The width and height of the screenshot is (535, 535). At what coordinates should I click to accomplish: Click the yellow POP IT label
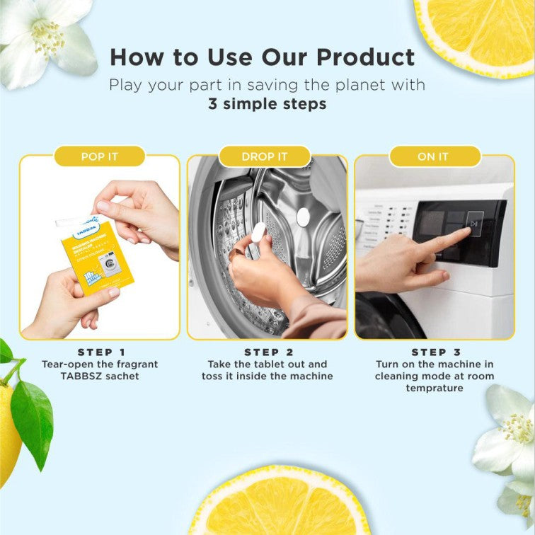pyautogui.click(x=99, y=156)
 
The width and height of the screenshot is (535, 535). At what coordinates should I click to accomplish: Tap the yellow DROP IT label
pyautogui.click(x=265, y=156)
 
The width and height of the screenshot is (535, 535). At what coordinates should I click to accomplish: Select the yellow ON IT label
pyautogui.click(x=432, y=156)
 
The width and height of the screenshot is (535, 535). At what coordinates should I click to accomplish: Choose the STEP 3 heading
pyautogui.click(x=434, y=352)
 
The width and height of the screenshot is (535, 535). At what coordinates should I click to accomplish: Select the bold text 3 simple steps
pyautogui.click(x=267, y=103)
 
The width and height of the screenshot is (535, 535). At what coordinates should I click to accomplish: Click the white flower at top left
pyautogui.click(x=46, y=39)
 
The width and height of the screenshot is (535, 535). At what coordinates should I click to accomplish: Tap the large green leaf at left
pyautogui.click(x=32, y=421)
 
